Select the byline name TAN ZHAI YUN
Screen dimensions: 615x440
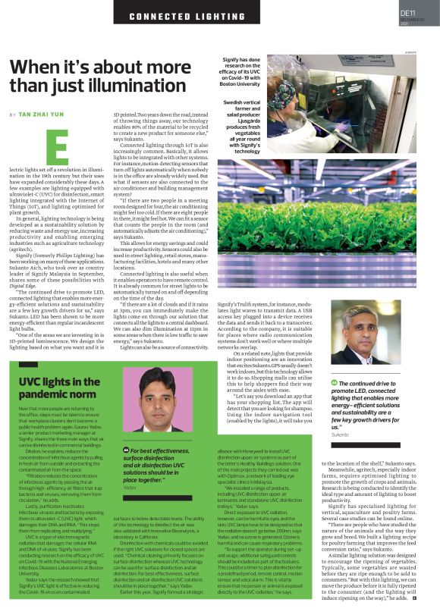[x=46, y=114]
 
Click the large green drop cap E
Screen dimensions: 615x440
[x=56, y=147]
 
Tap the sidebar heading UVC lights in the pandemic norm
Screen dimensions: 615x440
[x=59, y=388]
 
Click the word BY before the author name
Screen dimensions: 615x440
[x=12, y=114]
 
